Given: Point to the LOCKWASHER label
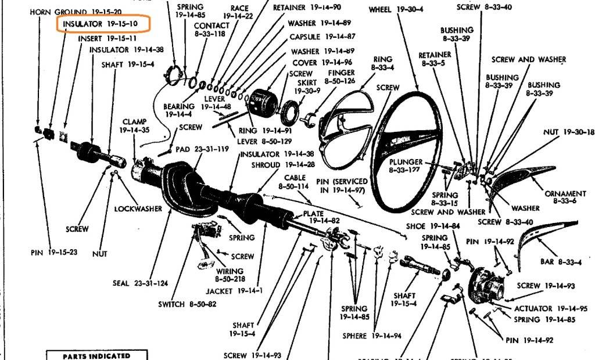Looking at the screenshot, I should (138, 208).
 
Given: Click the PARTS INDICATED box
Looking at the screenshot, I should (97, 355).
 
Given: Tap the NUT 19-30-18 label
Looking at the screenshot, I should (569, 132).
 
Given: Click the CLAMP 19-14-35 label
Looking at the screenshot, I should (134, 126).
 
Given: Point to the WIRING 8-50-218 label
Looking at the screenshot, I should (230, 275).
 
